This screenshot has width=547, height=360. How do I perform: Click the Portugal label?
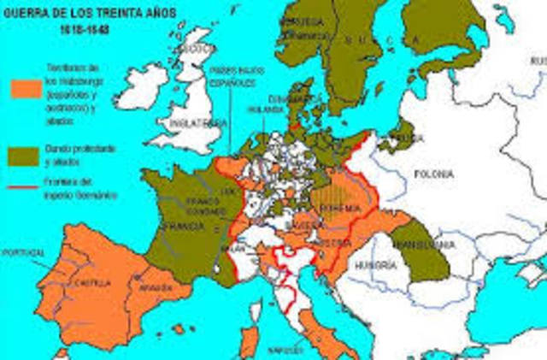tap(23, 253)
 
